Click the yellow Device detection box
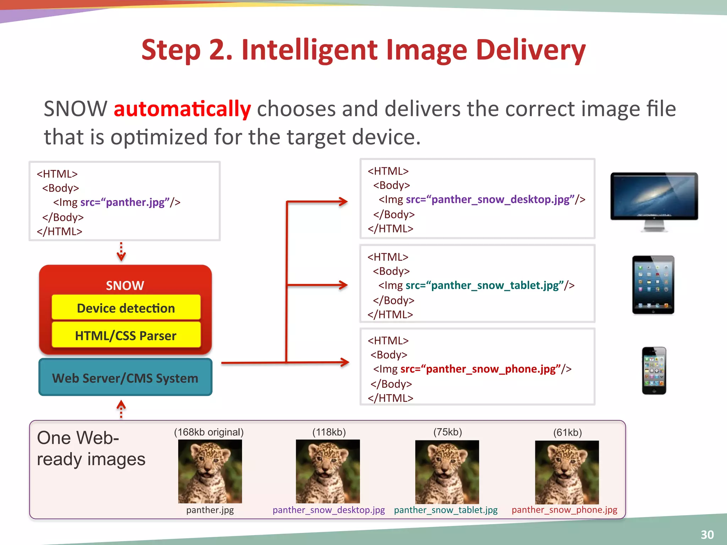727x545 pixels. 126,308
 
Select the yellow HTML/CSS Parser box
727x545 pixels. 126,335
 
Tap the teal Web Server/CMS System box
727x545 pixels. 125,378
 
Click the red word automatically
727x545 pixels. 182,109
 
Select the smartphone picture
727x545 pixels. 654,370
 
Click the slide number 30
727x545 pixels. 707,534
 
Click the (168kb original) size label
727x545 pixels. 209,432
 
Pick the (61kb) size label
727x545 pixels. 567,432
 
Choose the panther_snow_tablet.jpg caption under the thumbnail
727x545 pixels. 446,510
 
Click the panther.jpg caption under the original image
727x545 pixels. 210,510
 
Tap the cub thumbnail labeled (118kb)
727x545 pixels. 328,471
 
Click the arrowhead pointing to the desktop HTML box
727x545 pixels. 343,202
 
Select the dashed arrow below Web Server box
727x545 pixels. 121,409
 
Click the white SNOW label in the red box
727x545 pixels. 125,285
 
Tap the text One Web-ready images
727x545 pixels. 91,448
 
